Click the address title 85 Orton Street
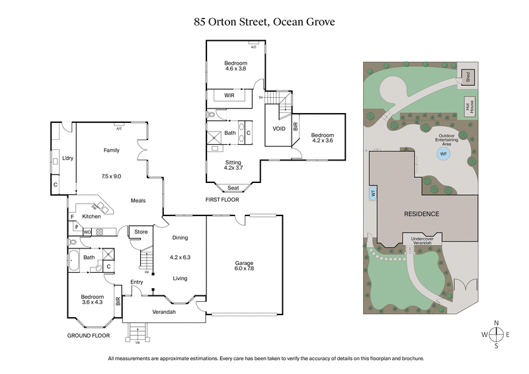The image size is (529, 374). click(x=264, y=21)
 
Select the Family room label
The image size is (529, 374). click(x=111, y=151)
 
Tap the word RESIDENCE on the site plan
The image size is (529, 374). click(x=423, y=215)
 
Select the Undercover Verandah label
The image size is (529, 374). click(x=422, y=240)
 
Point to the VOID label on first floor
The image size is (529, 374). click(x=279, y=128)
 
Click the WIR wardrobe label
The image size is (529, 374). click(x=229, y=96)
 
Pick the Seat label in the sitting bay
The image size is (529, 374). click(x=233, y=188)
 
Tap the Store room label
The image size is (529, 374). click(x=141, y=232)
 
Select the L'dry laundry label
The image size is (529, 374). click(x=67, y=159)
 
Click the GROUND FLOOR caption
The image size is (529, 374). click(x=88, y=336)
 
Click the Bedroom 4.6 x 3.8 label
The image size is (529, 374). click(x=235, y=65)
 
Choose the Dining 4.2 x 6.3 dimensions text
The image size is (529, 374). click(x=179, y=257)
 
